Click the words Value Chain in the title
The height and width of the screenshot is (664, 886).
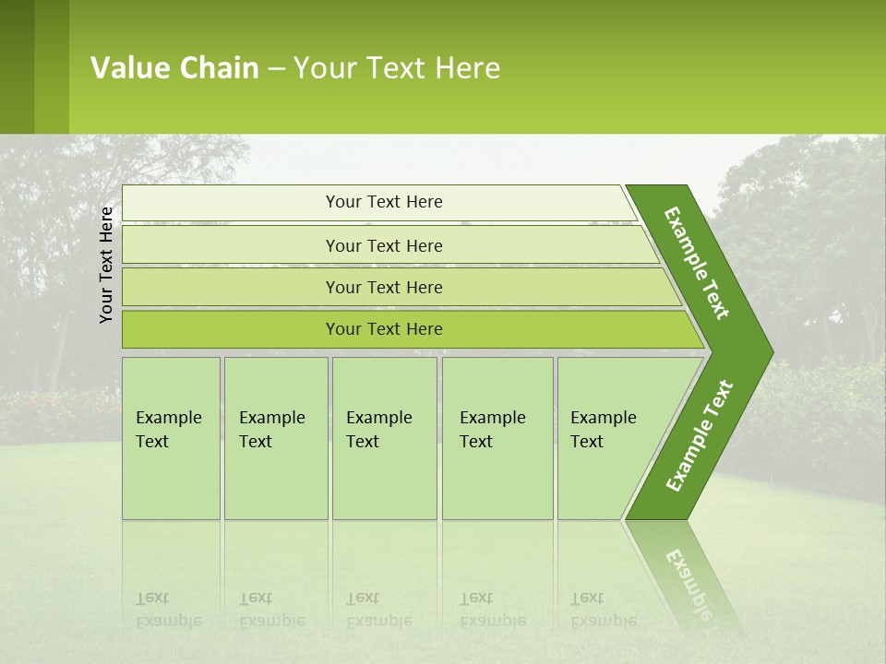click(174, 68)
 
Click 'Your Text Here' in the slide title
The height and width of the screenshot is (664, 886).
click(397, 68)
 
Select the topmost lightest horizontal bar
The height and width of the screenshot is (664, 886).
click(231, 203)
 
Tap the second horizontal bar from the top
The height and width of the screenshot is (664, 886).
click(231, 245)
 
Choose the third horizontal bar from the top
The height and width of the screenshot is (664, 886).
click(231, 287)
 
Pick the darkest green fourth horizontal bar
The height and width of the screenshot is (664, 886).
click(231, 329)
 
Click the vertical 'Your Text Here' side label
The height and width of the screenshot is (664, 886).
click(106, 265)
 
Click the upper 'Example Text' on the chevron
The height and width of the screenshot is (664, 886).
click(697, 263)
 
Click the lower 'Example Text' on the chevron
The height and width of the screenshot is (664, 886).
click(700, 436)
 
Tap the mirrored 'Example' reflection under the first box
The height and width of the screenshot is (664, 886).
click(169, 621)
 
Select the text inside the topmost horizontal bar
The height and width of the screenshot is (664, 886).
click(384, 202)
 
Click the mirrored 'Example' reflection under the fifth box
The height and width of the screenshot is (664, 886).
click(604, 621)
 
